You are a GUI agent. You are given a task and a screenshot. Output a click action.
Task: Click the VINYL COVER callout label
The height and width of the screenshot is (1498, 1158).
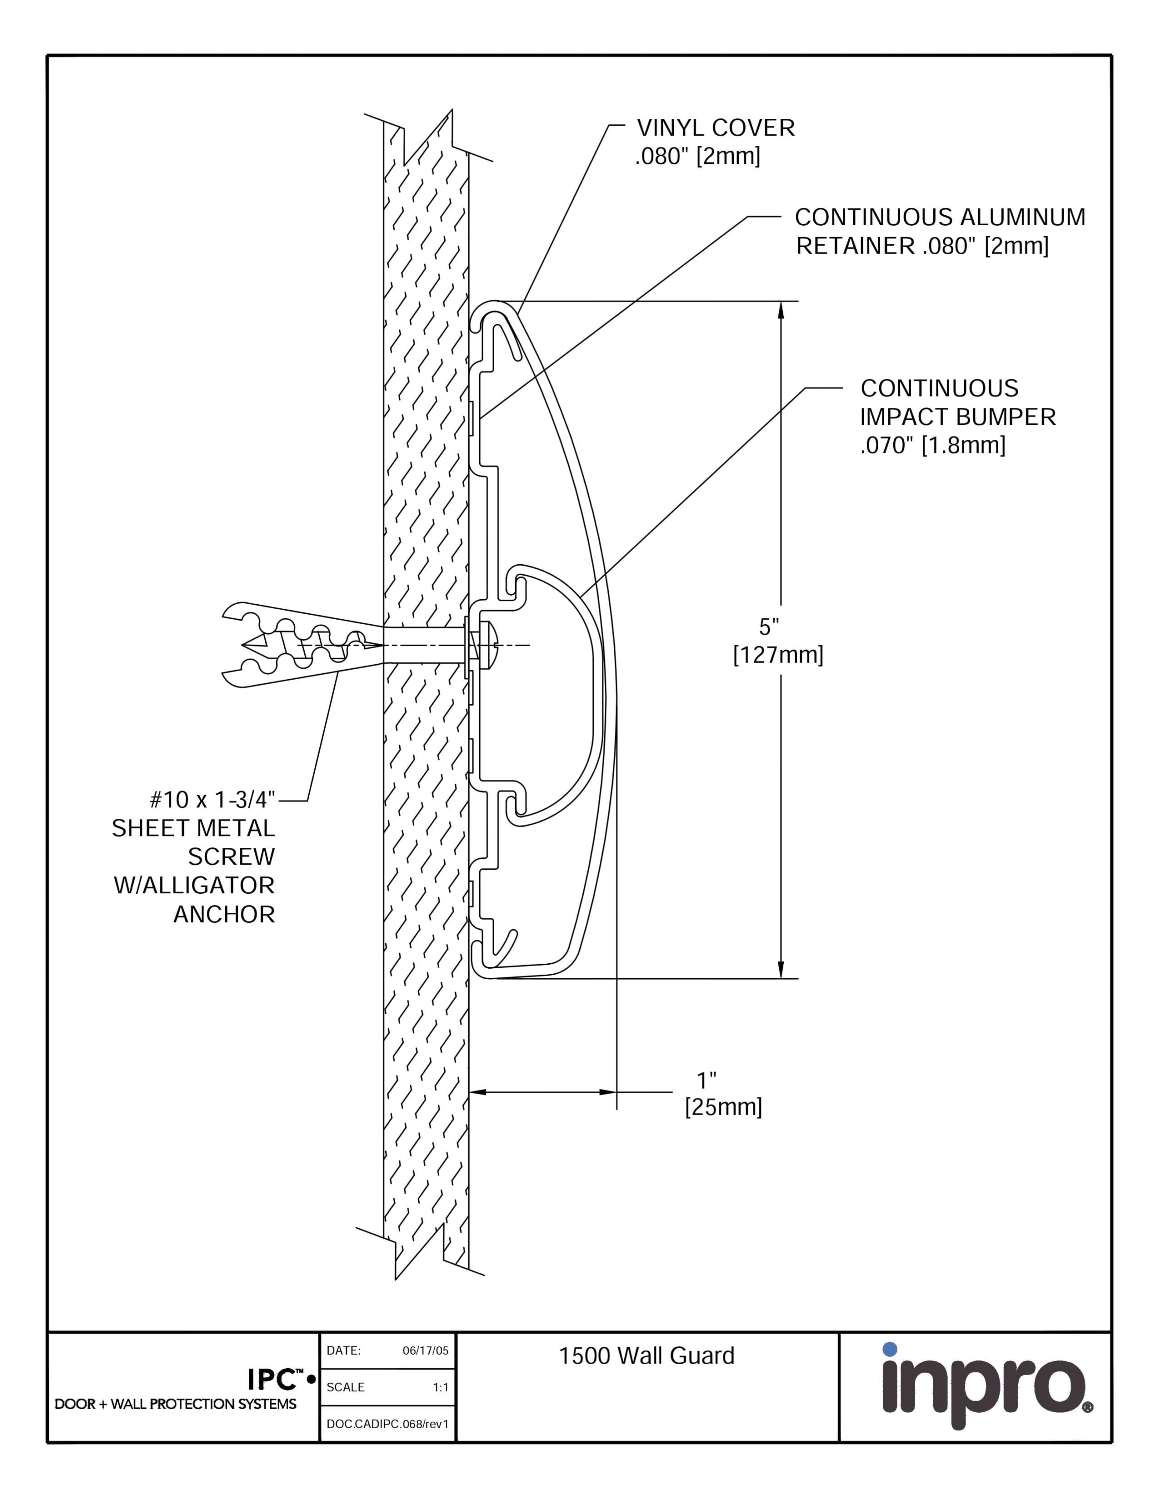coord(715,128)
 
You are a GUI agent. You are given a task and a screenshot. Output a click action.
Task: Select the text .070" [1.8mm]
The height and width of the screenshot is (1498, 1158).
coord(932,446)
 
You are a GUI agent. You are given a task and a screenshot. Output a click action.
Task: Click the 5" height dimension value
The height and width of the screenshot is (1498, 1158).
coord(768,627)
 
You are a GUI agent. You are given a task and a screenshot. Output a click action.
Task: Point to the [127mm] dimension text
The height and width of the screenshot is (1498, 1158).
coord(778,655)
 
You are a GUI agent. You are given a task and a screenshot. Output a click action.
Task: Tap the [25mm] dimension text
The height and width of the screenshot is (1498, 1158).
coord(723,1107)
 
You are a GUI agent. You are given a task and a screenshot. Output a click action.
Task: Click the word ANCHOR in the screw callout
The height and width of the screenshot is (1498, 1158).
coord(224,914)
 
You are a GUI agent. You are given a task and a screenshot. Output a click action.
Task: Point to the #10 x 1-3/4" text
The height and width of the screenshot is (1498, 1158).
coord(212,800)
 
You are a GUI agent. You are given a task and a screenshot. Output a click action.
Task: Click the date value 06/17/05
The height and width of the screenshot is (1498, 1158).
coord(425,1351)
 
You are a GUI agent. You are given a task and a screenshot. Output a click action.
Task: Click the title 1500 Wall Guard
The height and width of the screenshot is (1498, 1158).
coord(646,1356)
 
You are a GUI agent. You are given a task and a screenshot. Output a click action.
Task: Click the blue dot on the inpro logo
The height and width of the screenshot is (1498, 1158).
coord(890,1349)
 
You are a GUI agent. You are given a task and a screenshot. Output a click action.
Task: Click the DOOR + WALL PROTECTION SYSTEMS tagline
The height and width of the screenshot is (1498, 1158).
coord(176,1404)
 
